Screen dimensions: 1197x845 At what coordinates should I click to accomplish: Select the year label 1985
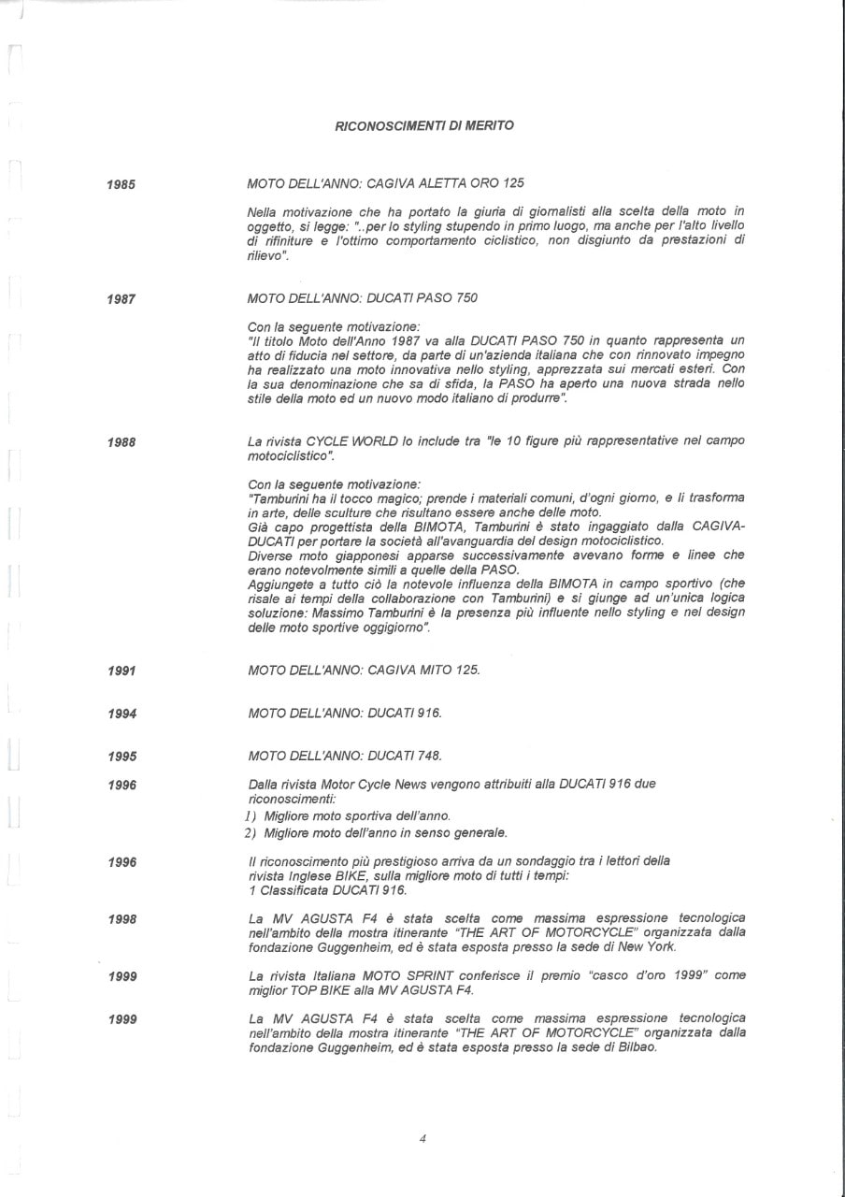click(x=122, y=185)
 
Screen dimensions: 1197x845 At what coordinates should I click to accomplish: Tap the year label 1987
click(x=122, y=299)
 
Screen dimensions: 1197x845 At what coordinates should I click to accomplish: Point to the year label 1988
click(x=122, y=442)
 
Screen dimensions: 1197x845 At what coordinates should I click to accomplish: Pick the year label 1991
click(x=122, y=671)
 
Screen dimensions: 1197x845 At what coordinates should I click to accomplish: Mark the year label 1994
click(x=122, y=714)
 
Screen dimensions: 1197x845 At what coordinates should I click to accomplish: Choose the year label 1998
click(x=122, y=920)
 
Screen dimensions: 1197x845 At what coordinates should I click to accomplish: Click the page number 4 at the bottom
click(x=422, y=1138)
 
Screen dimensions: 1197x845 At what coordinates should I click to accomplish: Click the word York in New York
click(x=659, y=947)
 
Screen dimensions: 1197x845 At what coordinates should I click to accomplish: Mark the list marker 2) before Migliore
click(x=251, y=832)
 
